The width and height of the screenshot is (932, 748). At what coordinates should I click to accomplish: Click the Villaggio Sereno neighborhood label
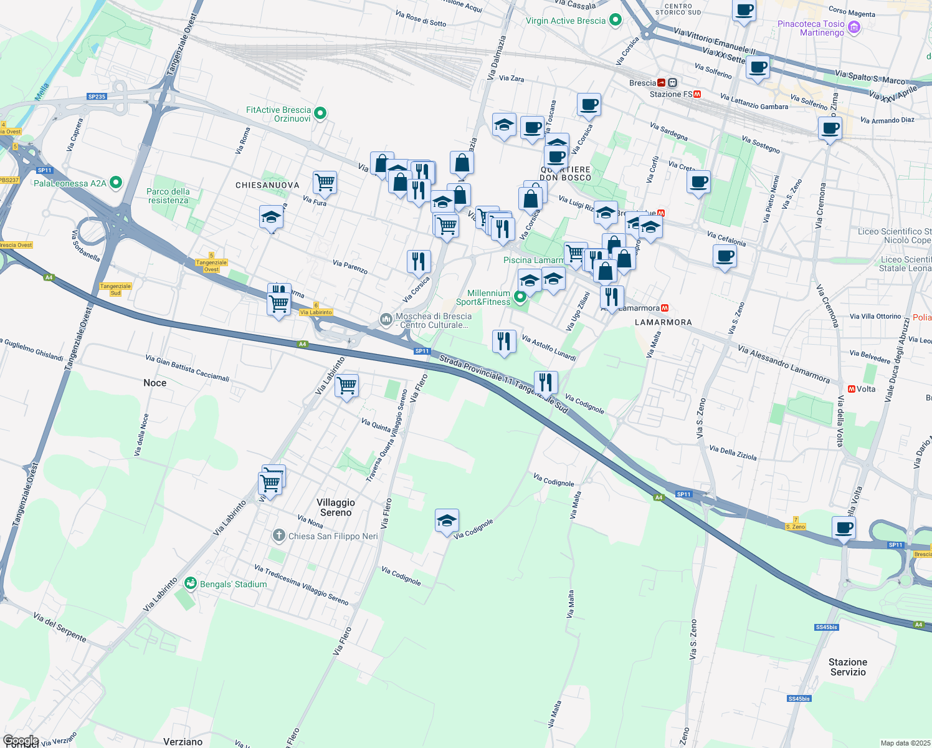(x=336, y=507)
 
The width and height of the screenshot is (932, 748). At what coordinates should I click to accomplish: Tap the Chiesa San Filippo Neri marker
(x=279, y=535)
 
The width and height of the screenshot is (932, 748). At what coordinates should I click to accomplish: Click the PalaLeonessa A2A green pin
(x=115, y=183)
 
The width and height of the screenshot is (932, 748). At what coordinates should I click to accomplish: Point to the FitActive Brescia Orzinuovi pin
(x=320, y=113)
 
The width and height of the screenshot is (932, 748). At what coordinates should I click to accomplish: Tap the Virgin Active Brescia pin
(x=616, y=20)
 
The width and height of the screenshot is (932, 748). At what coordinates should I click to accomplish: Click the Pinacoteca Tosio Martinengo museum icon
(x=854, y=27)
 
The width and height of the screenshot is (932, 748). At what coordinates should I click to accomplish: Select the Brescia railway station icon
(x=672, y=82)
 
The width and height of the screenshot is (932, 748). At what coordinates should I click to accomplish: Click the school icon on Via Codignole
(x=447, y=521)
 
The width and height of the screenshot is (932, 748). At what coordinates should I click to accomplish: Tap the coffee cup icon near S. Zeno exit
(x=844, y=527)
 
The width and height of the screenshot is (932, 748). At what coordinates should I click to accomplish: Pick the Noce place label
(x=155, y=383)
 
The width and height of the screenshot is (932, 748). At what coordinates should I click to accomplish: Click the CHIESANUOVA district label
(x=267, y=185)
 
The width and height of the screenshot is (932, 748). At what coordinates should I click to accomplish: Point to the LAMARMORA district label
(x=663, y=322)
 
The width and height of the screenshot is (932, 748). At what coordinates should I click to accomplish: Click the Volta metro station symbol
(x=851, y=389)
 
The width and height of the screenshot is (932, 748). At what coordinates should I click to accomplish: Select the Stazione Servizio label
(x=848, y=667)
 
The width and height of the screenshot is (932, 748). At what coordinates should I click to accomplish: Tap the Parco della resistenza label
(x=168, y=196)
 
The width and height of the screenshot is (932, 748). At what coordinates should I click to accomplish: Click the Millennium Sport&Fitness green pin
(x=520, y=298)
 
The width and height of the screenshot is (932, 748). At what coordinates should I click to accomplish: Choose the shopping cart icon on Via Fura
(x=325, y=183)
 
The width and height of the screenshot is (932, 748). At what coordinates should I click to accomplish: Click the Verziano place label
(x=183, y=742)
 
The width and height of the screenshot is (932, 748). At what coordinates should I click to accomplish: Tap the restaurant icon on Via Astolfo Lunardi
(x=504, y=342)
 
